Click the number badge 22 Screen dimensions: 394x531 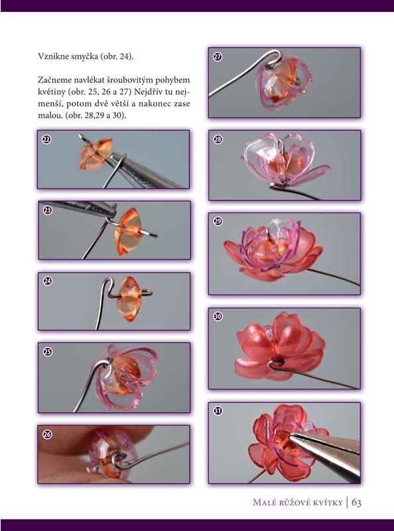(x=46, y=139)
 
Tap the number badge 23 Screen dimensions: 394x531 (x=48, y=210)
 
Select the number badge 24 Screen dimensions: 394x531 (x=48, y=281)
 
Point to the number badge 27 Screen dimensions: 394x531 (x=218, y=56)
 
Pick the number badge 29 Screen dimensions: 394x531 (x=218, y=222)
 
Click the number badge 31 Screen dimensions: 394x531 (x=218, y=411)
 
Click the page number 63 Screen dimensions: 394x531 (x=356, y=502)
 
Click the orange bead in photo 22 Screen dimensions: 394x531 (x=96, y=154)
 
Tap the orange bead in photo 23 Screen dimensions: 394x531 (x=128, y=232)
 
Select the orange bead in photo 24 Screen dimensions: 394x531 (x=128, y=298)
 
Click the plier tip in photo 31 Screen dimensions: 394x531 (x=291, y=437)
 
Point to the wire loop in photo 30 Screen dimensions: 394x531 (x=276, y=364)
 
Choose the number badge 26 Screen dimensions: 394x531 (x=47, y=435)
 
